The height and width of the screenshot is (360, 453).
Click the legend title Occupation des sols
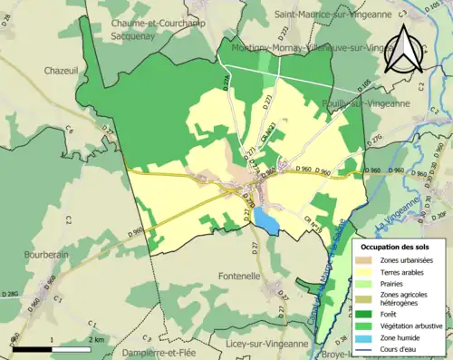400,247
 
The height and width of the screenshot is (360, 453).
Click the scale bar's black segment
32,348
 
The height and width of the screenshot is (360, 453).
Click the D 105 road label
366,86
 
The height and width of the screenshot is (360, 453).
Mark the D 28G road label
11,294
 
